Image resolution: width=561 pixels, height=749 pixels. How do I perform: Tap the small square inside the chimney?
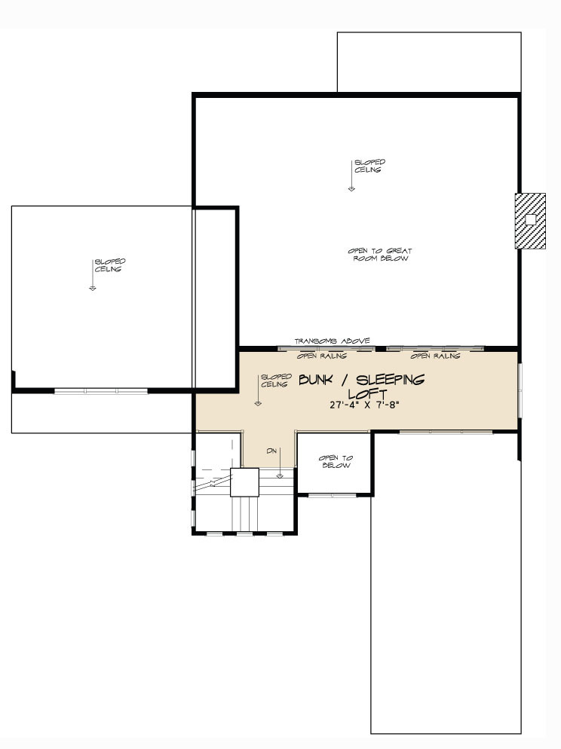click(530, 220)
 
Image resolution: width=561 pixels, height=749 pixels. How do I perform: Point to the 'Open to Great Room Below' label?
click(380, 255)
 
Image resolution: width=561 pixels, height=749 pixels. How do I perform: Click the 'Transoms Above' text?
click(332, 341)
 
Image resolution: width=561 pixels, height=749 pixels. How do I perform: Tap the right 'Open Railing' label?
click(435, 355)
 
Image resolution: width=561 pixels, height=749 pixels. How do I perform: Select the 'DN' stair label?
click(271, 451)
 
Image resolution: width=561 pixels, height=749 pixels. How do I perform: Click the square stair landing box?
click(244, 482)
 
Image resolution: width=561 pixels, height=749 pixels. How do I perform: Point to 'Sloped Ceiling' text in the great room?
click(369, 166)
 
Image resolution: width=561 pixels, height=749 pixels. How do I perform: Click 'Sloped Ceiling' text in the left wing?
click(109, 265)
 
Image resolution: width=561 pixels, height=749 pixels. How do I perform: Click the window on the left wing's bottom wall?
click(100, 391)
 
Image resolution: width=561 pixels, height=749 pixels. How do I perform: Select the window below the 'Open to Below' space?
click(333, 495)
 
